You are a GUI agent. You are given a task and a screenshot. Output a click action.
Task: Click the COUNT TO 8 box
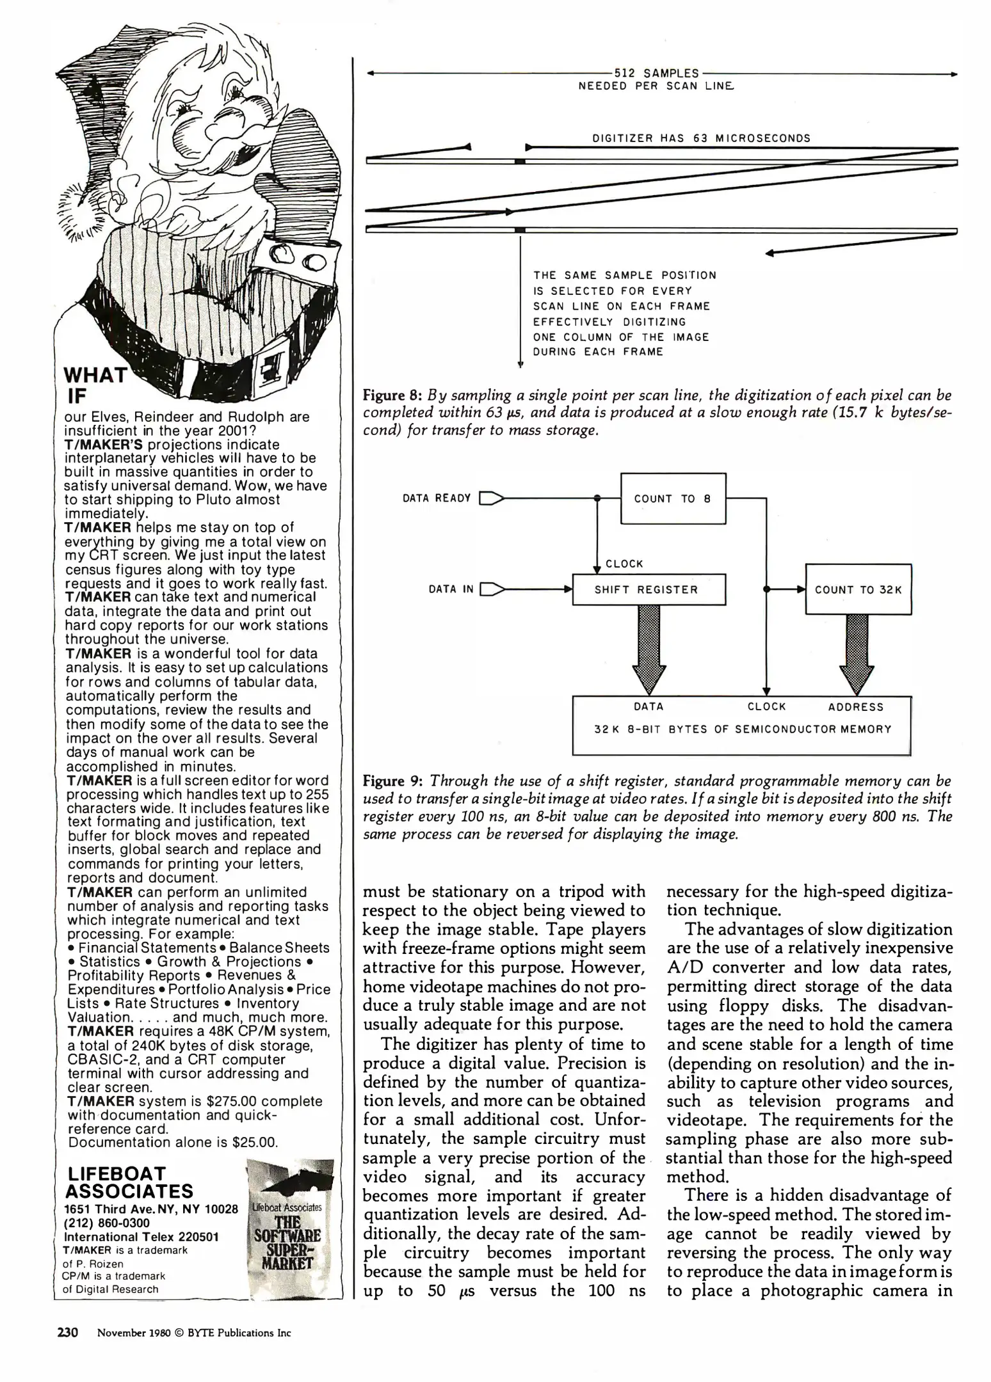coord(673,498)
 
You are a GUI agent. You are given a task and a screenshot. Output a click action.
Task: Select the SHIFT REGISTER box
coord(649,589)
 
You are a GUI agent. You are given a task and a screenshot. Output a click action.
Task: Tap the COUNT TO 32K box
coord(858,589)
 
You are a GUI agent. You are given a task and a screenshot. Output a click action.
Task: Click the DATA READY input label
coord(437,498)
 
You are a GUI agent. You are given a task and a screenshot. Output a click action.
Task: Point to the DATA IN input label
coord(451,589)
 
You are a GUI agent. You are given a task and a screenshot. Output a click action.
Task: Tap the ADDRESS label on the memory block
coord(855,707)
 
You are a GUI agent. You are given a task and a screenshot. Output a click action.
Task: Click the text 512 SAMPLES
coord(656,74)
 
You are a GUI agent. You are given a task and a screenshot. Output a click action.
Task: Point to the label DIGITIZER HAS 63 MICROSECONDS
coord(701,138)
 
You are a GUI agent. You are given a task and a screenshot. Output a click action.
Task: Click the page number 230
coord(67,1332)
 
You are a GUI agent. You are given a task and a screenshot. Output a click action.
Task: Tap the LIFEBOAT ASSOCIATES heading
coord(129,1182)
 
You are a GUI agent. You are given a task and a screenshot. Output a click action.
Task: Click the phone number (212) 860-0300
coord(107,1223)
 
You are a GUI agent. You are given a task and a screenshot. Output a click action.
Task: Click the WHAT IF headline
coord(94,385)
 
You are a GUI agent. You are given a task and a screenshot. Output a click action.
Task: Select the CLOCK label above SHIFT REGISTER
coord(624,564)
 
